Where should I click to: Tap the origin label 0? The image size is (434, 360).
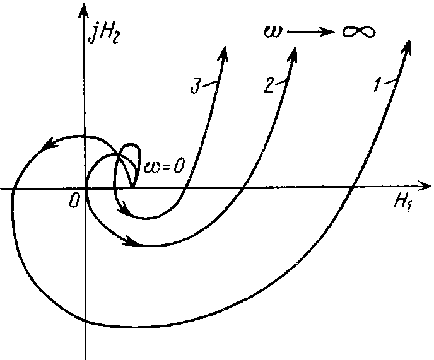click(74, 201)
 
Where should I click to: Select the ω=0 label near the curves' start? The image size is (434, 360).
click(163, 167)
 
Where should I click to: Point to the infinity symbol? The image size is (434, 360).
click(359, 32)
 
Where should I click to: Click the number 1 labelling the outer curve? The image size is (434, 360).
click(377, 85)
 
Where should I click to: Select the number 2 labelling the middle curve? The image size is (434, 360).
click(268, 86)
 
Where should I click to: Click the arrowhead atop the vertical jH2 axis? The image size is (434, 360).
click(83, 11)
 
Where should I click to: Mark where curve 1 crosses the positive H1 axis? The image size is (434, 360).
click(353, 188)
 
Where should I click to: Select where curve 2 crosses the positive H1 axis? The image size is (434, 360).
click(243, 189)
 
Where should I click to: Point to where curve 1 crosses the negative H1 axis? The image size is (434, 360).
click(13, 189)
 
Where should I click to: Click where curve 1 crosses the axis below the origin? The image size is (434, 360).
click(86, 321)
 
